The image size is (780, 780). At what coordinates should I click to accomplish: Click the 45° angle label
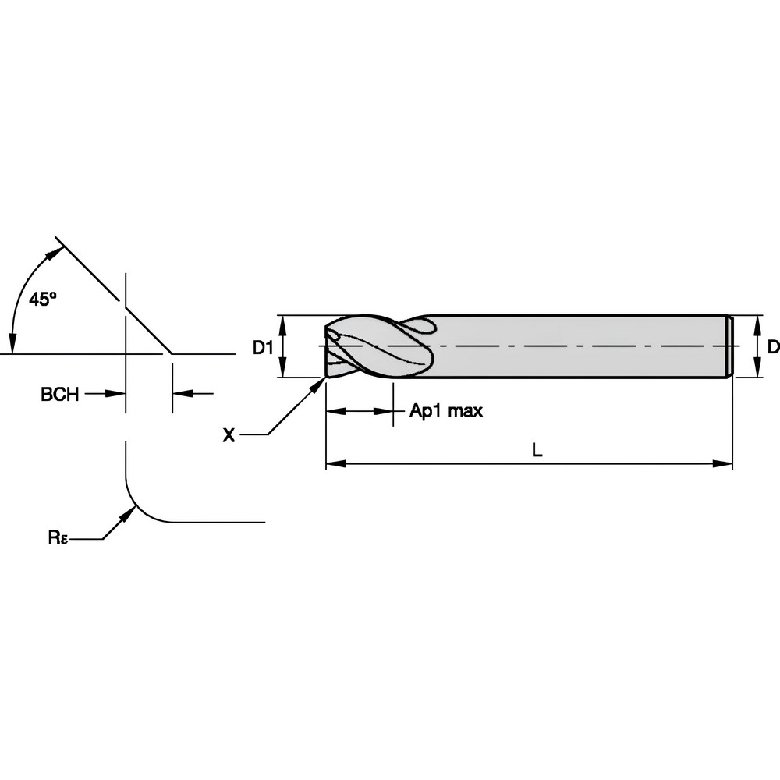(42, 298)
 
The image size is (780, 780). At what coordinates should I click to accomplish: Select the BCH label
(59, 395)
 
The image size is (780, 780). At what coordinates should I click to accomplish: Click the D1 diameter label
(263, 348)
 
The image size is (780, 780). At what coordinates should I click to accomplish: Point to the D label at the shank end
(772, 347)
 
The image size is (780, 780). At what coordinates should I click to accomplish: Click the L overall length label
(536, 450)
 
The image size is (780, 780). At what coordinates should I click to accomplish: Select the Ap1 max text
(446, 411)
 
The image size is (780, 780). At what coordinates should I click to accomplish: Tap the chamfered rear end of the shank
(730, 347)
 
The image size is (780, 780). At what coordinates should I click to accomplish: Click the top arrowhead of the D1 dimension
(284, 321)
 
